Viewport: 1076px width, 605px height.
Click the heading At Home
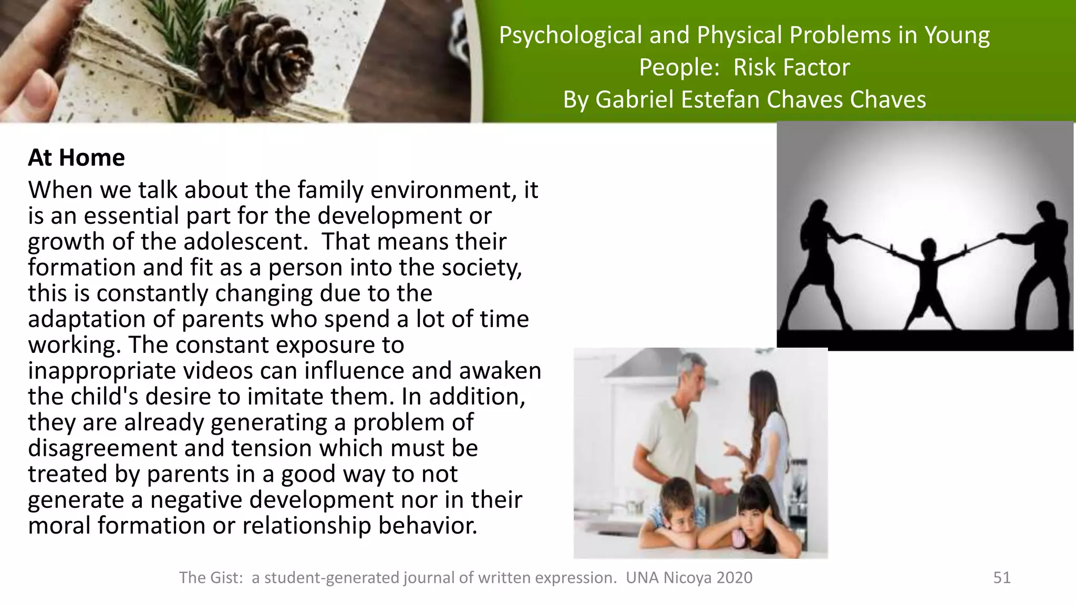tap(76, 158)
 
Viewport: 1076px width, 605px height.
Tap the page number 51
tap(1001, 578)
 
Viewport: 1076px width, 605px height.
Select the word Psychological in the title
tap(570, 36)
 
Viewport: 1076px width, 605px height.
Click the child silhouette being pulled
tap(928, 278)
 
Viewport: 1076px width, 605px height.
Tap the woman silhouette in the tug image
tap(820, 263)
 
